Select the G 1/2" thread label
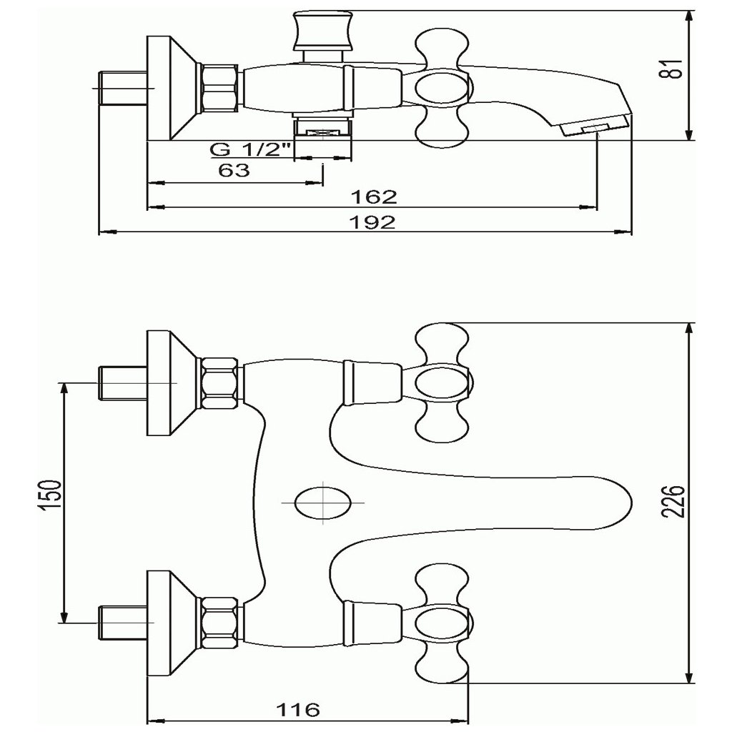[251, 149]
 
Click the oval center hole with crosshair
[324, 503]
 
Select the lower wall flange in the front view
[172, 623]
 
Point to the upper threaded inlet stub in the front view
[122, 384]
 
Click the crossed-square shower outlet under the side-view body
[325, 132]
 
